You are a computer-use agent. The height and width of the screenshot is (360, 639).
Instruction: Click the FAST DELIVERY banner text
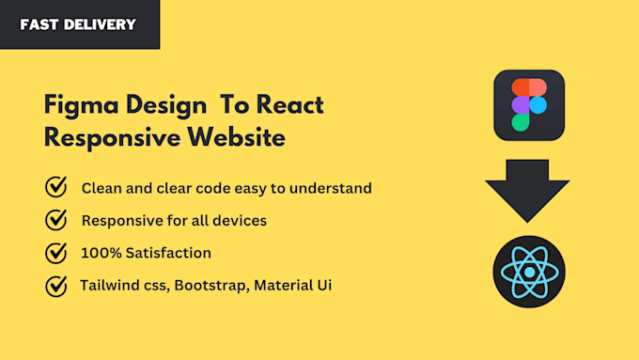pos(78,24)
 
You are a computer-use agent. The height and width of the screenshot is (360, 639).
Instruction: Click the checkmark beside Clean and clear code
pos(56,188)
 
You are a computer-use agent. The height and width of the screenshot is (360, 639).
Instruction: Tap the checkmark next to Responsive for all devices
pos(56,221)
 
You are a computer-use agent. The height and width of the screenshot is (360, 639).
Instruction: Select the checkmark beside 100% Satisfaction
pos(56,253)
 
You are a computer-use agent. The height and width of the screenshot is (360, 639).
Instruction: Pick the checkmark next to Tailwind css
pos(56,286)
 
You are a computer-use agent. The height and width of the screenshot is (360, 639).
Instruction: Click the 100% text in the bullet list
pos(100,253)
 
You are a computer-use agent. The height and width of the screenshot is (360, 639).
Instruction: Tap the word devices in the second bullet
pos(241,221)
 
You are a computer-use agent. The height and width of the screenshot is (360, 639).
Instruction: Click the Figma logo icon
pos(528,105)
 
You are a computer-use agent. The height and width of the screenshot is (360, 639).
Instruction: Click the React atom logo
pos(529,272)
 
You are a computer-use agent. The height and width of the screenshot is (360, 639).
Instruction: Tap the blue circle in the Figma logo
pos(538,104)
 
